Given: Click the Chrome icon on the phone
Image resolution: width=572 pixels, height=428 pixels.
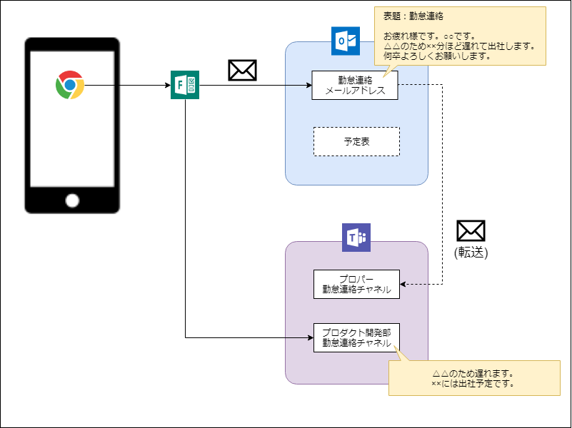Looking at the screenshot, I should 70,85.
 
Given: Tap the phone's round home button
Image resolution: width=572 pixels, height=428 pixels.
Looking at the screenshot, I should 72,200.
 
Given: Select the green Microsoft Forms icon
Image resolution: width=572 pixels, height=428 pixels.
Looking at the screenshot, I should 185,86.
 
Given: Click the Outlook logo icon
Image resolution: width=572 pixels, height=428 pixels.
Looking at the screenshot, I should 346,41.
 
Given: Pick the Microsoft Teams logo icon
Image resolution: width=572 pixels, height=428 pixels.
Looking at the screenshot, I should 356,238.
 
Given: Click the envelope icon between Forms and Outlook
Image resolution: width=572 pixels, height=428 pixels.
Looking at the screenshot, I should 242,70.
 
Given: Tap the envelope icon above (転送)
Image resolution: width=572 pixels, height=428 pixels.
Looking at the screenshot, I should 471,230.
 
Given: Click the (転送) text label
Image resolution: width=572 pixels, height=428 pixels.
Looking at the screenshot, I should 471,252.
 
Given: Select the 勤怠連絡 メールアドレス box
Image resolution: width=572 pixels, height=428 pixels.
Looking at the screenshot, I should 355,86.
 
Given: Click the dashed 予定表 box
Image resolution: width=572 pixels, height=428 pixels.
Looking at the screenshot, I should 356,141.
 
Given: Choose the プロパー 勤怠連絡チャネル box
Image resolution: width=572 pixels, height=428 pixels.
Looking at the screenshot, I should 356,284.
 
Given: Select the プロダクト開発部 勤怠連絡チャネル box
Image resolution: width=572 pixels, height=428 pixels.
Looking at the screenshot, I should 356,337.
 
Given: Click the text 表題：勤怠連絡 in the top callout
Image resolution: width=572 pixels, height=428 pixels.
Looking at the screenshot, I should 414,16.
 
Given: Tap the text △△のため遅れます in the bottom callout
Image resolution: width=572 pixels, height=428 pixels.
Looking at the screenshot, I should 473,373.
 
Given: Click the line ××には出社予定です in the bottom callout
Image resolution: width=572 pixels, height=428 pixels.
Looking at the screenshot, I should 473,383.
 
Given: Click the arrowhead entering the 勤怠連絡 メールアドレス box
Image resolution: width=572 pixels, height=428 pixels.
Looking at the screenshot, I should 308,86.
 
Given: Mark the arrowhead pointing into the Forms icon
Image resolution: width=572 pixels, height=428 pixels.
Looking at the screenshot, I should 167,86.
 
